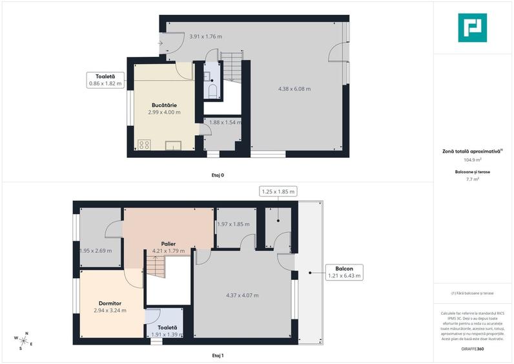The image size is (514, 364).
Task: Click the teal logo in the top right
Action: coord(472,28)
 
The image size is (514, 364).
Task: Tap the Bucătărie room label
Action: coord(165,105)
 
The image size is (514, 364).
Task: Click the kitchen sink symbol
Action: coord(173,145)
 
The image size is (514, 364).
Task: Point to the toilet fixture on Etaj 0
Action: coord(212,90)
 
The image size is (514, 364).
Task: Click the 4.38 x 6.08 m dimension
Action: coord(294,89)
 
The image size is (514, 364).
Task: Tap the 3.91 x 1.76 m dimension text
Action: coord(205,37)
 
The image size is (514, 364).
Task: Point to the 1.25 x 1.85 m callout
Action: coord(278,191)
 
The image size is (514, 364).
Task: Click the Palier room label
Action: coord(169,244)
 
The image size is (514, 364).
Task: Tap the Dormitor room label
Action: coord(110,303)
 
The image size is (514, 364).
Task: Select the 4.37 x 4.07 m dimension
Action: coord(242,295)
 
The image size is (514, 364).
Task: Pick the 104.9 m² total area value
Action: coord(473,159)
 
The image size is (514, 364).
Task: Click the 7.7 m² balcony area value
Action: coord(473,179)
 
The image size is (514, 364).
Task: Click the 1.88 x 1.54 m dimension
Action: coord(223,122)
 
